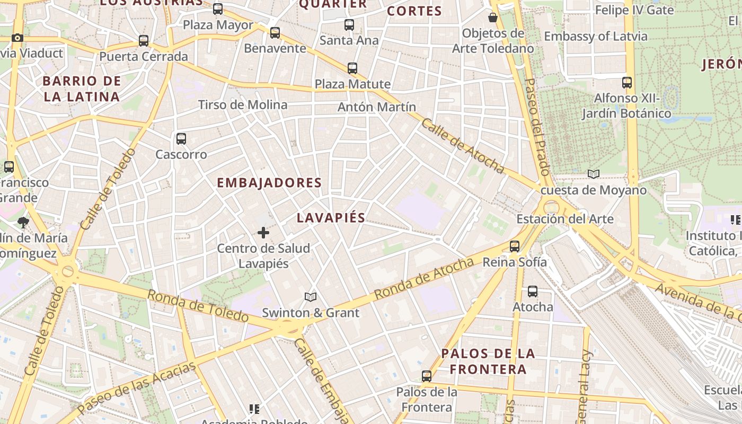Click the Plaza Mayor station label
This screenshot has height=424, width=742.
coord(218,25)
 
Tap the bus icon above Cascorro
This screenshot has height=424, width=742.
coord(181,139)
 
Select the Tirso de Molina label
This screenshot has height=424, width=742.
coord(243,104)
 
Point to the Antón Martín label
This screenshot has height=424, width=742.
coord(377,107)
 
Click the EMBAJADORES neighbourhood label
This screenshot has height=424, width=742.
coord(269,183)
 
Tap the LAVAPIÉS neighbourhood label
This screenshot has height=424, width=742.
coord(331,217)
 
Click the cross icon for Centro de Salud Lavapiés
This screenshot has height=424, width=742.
coord(263,233)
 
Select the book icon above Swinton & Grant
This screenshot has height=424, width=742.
coord(311,297)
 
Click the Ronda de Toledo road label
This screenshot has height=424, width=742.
coord(198,306)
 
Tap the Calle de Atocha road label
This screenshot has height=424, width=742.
coord(463,145)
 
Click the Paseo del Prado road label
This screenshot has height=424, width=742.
coord(536,127)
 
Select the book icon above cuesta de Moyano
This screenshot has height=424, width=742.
coord(594,174)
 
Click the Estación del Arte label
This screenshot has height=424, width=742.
coord(565,219)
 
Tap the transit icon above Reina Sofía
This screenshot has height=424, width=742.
coord(515,246)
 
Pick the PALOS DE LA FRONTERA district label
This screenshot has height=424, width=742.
coord(488,361)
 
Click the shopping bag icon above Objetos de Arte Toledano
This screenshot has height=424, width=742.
coord(493,17)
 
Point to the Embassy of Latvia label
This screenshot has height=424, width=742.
coord(596,37)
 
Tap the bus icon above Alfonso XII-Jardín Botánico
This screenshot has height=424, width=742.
coord(627,83)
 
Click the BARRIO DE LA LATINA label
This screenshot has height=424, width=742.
coord(82,89)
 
